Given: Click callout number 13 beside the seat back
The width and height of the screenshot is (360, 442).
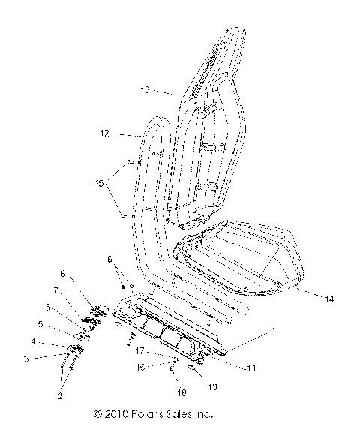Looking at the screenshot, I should coord(145,89).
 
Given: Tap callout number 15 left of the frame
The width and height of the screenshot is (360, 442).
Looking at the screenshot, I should coord(97,182).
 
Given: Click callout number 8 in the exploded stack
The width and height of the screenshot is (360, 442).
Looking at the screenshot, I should coord(63,274).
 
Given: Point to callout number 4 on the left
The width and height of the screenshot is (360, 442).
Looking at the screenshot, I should coord(33,341).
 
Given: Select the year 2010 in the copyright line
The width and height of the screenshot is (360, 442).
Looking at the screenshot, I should coord(115,413).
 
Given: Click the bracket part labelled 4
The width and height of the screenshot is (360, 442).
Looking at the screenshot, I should coord(76,347).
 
